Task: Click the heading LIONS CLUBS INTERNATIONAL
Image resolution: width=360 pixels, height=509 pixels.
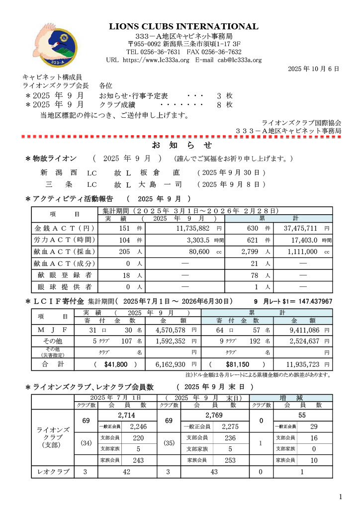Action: coord(184,26)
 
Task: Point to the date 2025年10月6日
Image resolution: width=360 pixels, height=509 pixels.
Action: coord(313,69)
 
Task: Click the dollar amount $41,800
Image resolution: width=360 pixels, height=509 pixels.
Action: coord(116,364)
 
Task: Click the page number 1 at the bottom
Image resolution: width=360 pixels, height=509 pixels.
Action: coord(341,497)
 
